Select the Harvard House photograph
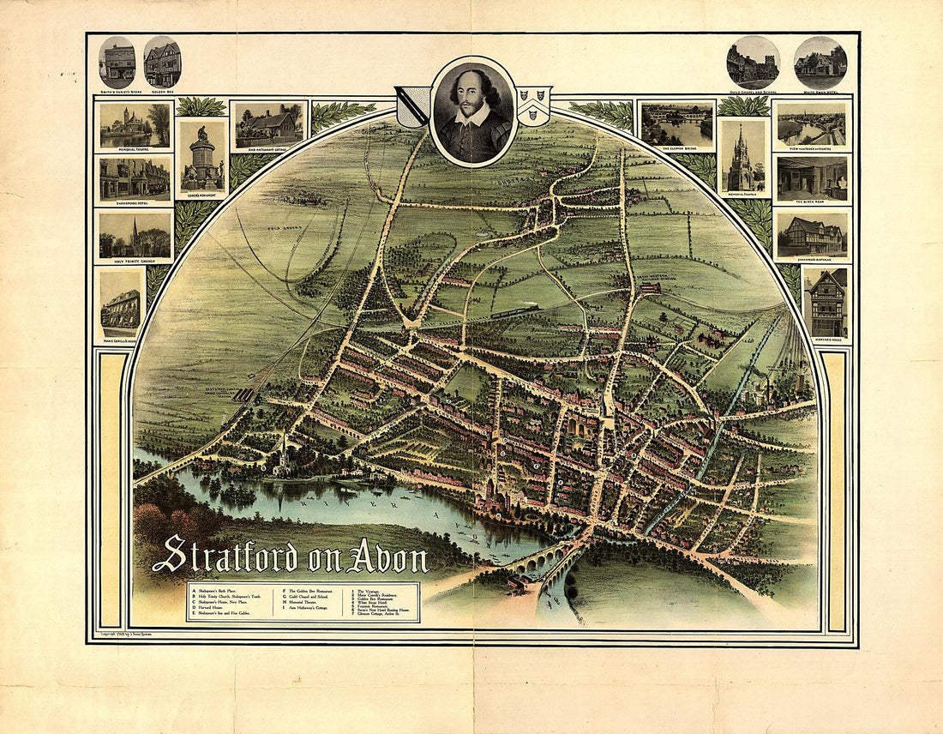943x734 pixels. click(x=827, y=303)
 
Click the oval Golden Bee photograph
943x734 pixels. click(x=162, y=62)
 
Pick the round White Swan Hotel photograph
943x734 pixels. click(x=820, y=63)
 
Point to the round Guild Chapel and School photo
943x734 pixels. click(x=754, y=63)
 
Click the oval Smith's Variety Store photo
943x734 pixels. click(x=117, y=62)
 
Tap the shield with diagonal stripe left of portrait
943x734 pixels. click(x=412, y=106)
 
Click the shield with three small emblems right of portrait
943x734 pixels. click(x=534, y=105)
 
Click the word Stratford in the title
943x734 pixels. click(x=225, y=556)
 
